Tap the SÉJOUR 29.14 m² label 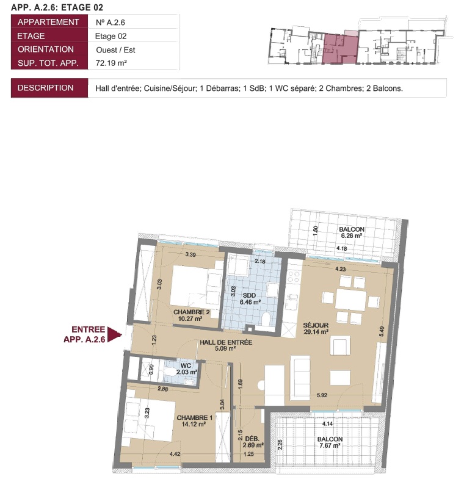pyautogui.click(x=316, y=328)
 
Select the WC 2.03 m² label pyautogui.click(x=186, y=369)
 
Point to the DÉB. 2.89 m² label pyautogui.click(x=253, y=442)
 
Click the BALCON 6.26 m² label pyautogui.click(x=352, y=232)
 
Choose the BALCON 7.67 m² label pyautogui.click(x=330, y=442)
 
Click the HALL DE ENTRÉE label pyautogui.click(x=226, y=342)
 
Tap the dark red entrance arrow pyautogui.click(x=114, y=334)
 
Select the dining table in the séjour pyautogui.click(x=351, y=300)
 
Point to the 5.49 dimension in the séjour pyautogui.click(x=382, y=331)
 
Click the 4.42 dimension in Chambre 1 pyautogui.click(x=175, y=454)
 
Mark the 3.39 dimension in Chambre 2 pyautogui.click(x=190, y=254)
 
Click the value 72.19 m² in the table pyautogui.click(x=111, y=63)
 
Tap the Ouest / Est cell pyautogui.click(x=115, y=50)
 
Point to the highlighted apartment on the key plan pyautogui.click(x=340, y=49)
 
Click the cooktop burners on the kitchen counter pyautogui.click(x=294, y=276)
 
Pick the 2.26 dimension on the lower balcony pyautogui.click(x=280, y=444)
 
